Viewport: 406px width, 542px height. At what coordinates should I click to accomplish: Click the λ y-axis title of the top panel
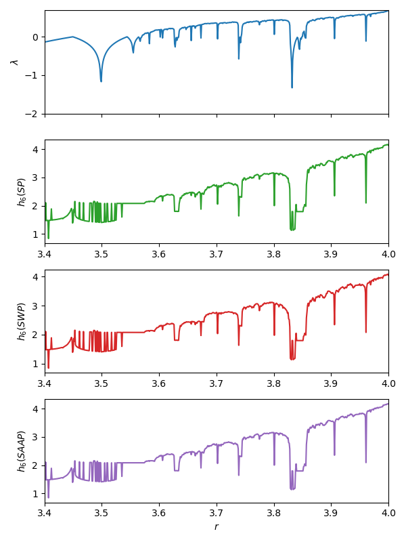point(14,62)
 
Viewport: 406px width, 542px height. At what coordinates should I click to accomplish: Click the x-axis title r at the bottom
point(217,526)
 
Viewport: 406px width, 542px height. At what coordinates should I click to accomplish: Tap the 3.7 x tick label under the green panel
point(217,254)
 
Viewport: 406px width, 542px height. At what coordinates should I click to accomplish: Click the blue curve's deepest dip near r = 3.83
point(292,87)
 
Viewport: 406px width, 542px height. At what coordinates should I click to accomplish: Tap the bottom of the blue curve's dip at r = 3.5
point(101,81)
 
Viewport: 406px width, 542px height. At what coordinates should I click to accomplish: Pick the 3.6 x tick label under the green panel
point(160,254)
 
